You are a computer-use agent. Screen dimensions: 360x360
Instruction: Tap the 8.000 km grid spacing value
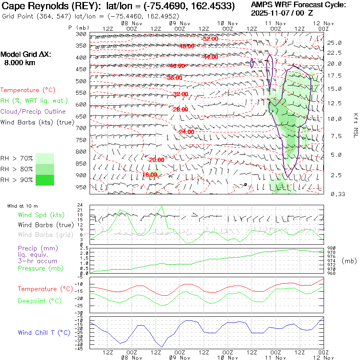[19, 62]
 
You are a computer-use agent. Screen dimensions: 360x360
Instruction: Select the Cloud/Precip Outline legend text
[33, 112]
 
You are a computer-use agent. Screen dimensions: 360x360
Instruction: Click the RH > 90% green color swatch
[44, 180]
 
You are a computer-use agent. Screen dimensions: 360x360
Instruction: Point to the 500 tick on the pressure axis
[81, 81]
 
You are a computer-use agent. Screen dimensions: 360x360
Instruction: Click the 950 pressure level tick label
[81, 187]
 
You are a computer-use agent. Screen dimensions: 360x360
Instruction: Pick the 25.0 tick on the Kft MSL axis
[334, 43]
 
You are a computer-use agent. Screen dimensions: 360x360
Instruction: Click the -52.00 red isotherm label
[210, 39]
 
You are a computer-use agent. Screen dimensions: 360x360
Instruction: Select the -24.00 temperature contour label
[186, 132]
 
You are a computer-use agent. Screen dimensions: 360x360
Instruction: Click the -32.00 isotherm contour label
[180, 94]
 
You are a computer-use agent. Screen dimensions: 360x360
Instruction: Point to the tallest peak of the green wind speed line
[162, 206]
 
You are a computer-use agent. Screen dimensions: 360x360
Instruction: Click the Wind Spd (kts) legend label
[41, 215]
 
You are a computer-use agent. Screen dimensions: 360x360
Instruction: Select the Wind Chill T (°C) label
[44, 332]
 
